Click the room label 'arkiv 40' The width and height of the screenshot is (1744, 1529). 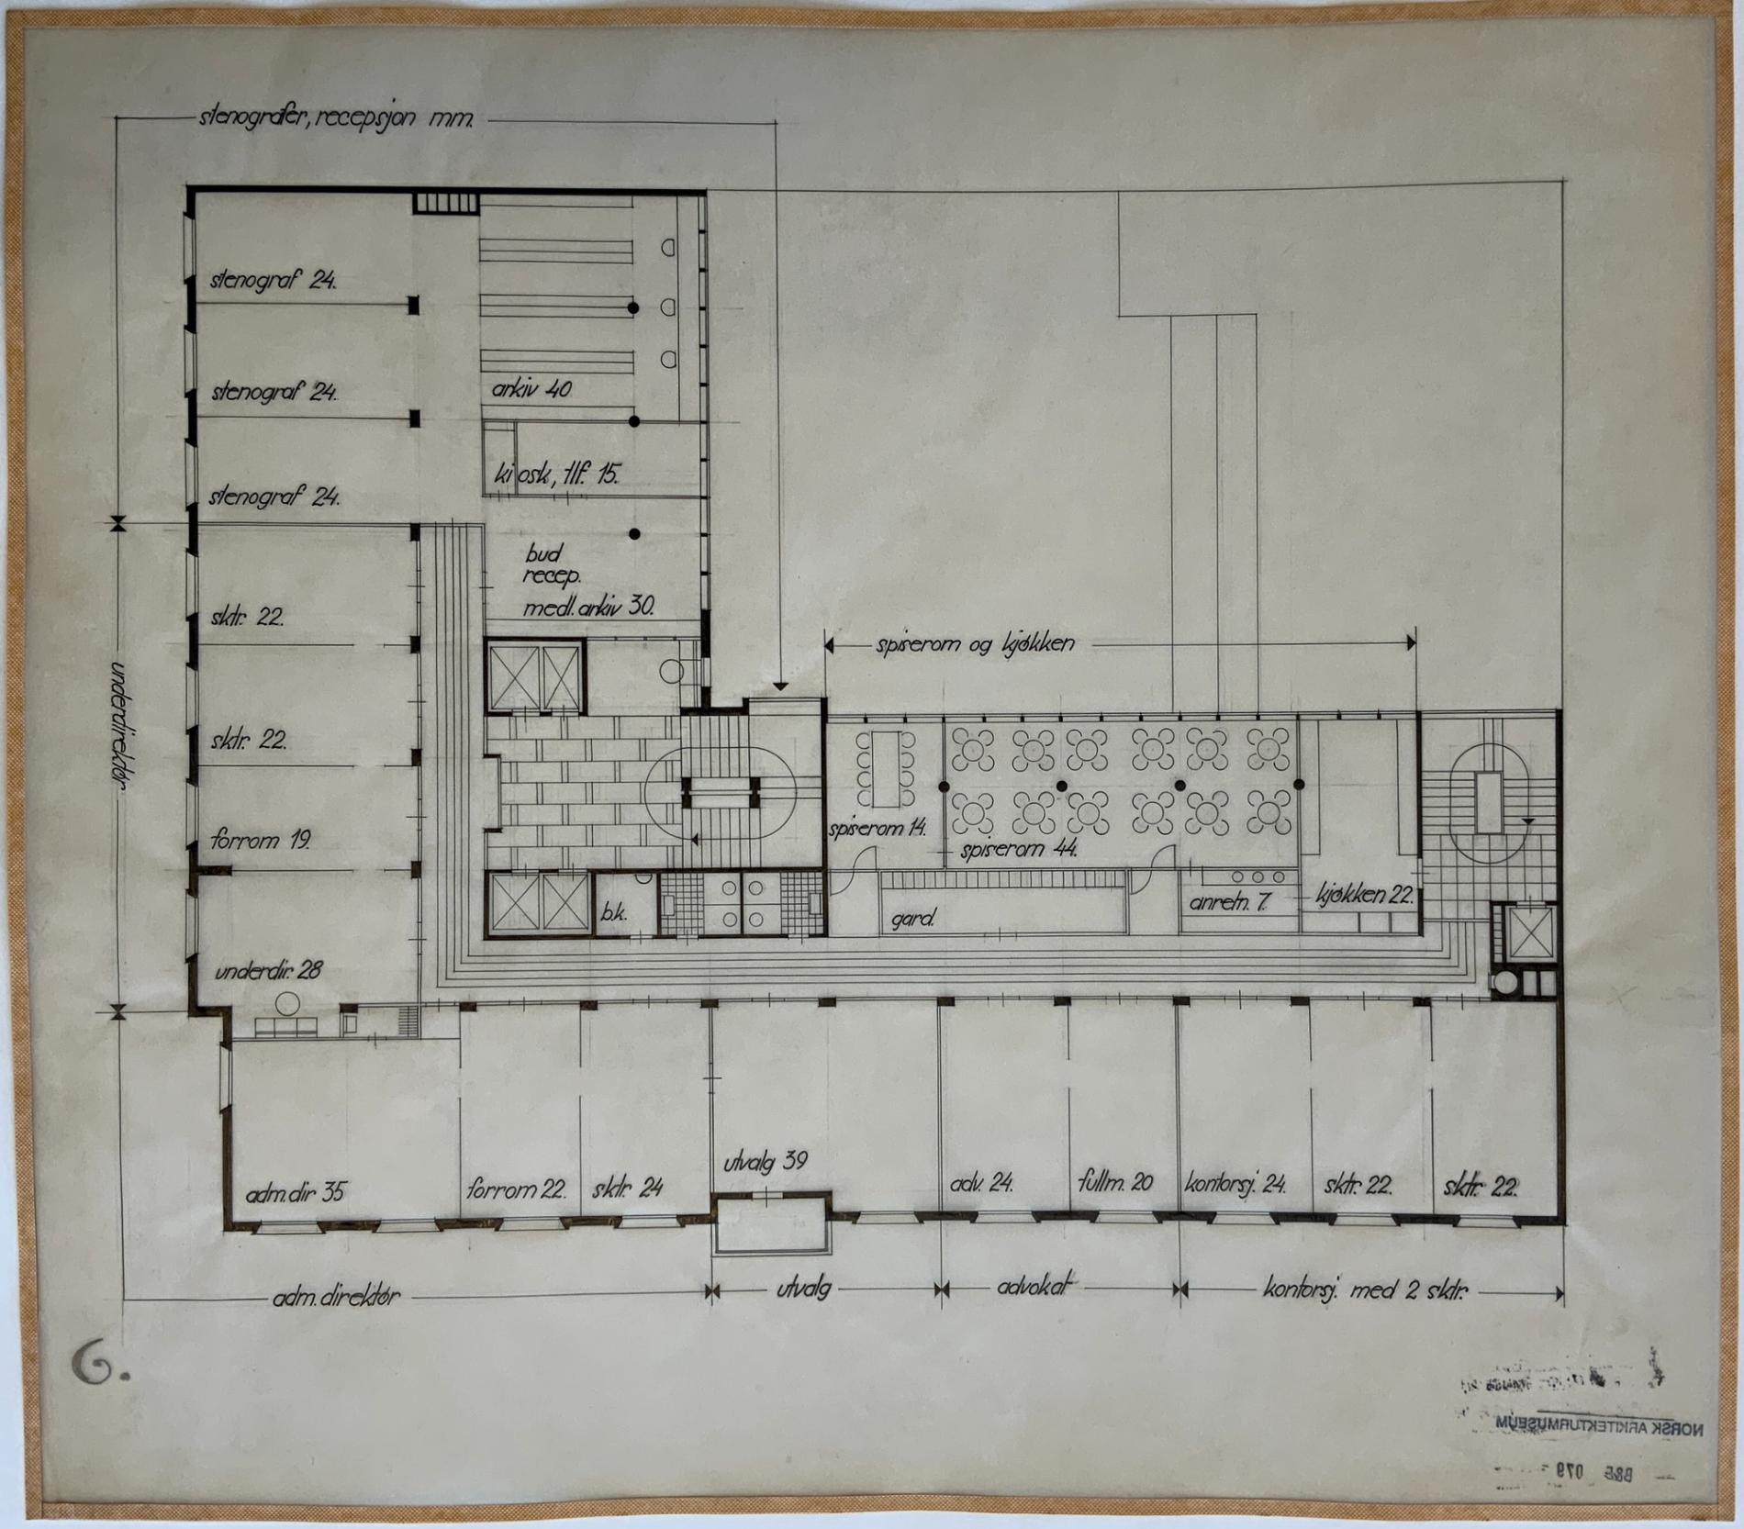pos(531,389)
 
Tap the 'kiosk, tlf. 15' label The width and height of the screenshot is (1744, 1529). pos(556,474)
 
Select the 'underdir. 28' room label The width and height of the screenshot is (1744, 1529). pos(268,970)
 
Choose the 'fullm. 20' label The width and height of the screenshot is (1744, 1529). pos(1115,1183)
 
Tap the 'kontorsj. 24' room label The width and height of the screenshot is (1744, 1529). pos(1235,1184)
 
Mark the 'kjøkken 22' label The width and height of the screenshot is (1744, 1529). pos(1364,895)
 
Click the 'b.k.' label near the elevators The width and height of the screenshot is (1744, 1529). pos(614,914)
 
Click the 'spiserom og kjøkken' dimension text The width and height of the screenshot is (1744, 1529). pos(975,643)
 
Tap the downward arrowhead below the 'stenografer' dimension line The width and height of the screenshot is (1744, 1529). pos(779,686)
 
